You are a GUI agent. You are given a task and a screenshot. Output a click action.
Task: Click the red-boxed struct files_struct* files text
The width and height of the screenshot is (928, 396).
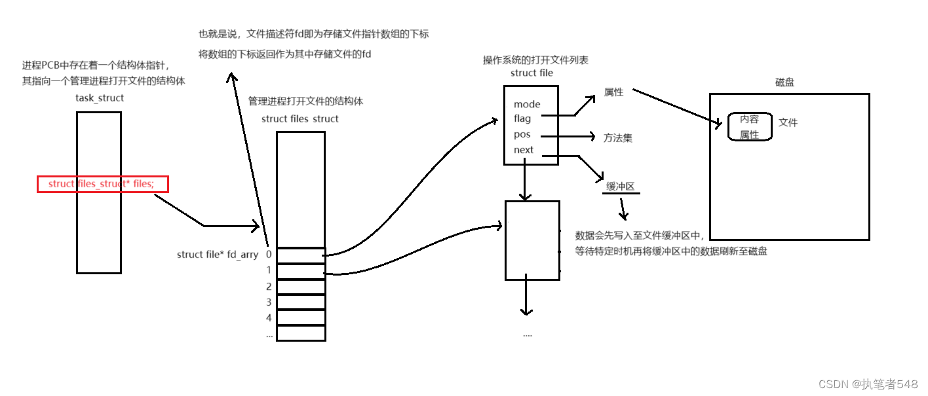(x=102, y=184)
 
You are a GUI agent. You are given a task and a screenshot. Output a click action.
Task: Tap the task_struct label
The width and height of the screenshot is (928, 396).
(x=100, y=98)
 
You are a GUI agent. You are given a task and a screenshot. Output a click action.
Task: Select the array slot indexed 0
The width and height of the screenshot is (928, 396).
(x=301, y=255)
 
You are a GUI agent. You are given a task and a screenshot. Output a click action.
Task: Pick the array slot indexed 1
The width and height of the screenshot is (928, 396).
(x=301, y=271)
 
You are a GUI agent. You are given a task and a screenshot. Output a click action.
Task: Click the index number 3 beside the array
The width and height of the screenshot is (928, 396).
(x=269, y=302)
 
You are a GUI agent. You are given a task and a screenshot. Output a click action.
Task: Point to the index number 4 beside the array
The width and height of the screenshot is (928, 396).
(x=269, y=318)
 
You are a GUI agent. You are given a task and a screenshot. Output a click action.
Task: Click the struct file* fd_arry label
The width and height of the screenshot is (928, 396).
(x=218, y=255)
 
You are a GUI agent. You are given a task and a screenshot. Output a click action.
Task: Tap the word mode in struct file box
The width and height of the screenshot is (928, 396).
(x=527, y=104)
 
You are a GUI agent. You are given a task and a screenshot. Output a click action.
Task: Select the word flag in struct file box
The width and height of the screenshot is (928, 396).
(x=522, y=119)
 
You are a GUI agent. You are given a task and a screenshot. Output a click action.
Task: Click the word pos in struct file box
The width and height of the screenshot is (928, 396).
(x=522, y=135)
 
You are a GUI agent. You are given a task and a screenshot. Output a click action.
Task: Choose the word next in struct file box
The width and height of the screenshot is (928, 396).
(x=524, y=150)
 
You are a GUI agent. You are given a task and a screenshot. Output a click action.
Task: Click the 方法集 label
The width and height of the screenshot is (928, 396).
(x=618, y=138)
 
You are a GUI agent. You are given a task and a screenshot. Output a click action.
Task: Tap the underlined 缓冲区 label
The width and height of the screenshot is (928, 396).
(x=620, y=187)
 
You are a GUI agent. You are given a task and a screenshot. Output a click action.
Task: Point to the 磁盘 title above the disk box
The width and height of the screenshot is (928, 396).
(x=784, y=83)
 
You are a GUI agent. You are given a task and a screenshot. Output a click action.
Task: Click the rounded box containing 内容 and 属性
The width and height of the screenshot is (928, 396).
(x=750, y=127)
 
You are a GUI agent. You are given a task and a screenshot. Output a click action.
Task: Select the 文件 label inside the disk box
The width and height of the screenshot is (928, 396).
(x=788, y=122)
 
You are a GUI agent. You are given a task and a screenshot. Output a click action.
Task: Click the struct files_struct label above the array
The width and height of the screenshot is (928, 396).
(x=300, y=119)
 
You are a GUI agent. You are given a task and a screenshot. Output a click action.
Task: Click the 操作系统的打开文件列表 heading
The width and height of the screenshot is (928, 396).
(x=535, y=60)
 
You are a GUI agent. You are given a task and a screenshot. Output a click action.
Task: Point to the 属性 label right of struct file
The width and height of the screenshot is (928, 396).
(x=613, y=93)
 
